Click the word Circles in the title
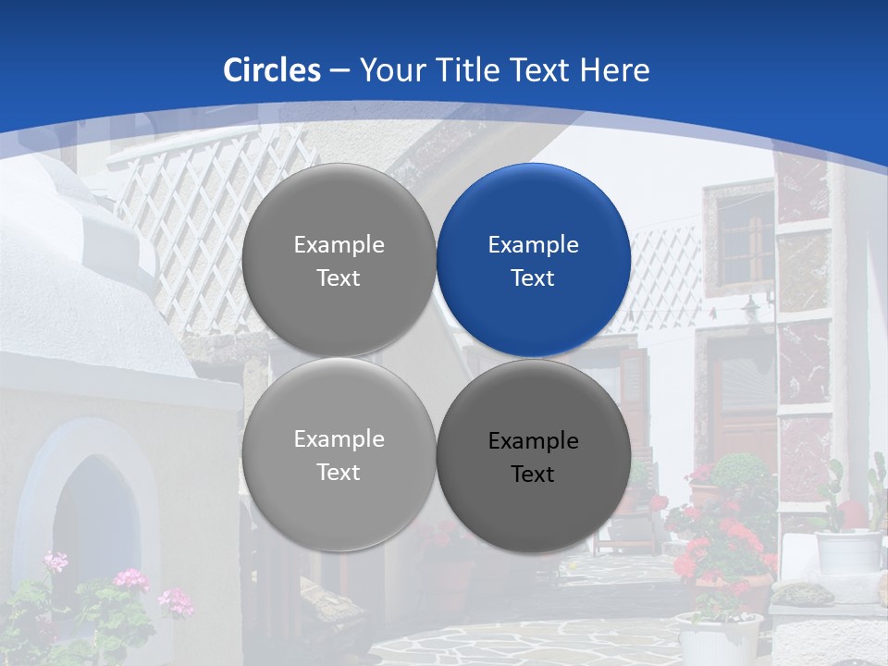click(272, 70)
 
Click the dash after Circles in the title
click(339, 71)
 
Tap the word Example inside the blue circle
click(534, 245)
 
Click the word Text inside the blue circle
click(534, 278)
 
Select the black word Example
click(534, 441)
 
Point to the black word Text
click(534, 475)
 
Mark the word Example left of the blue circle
click(339, 245)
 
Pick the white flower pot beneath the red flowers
click(719, 638)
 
